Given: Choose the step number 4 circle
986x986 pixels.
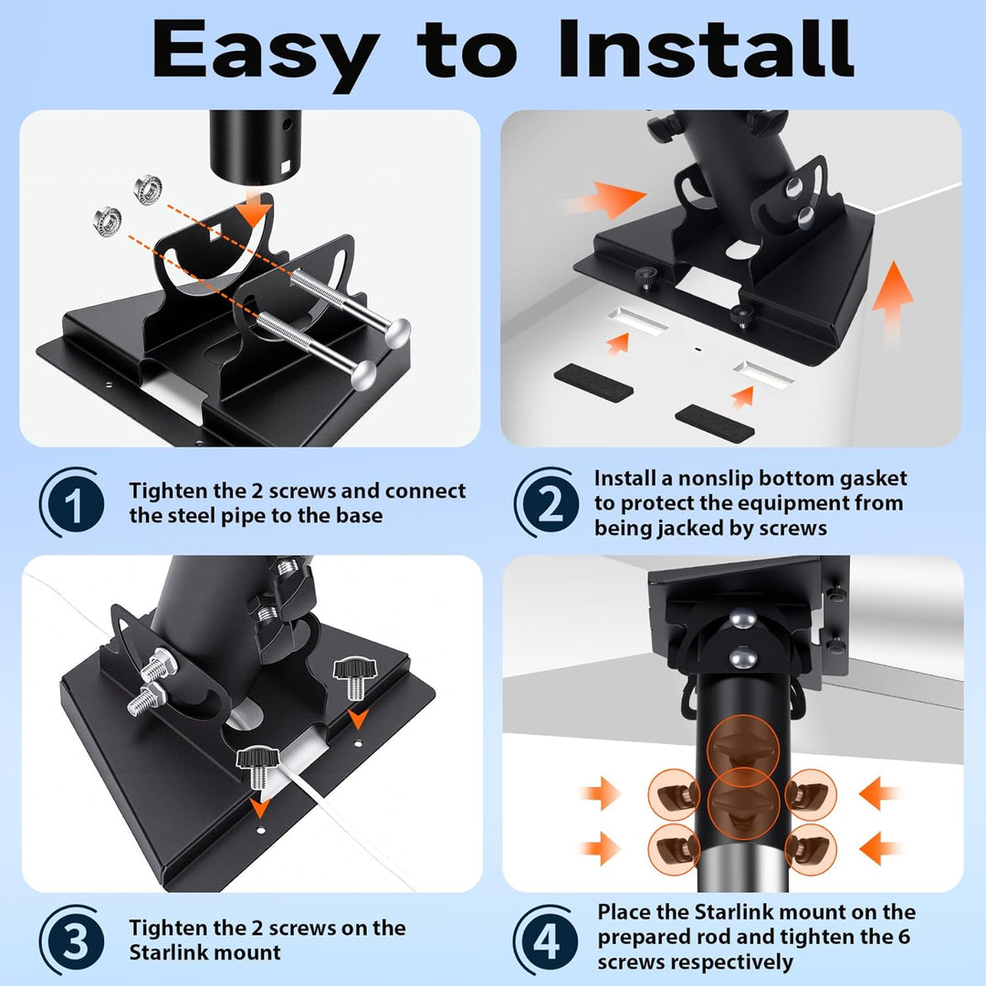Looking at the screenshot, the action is pyautogui.click(x=546, y=941).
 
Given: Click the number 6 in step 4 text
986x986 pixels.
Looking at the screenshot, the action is pyautogui.click(x=904, y=937).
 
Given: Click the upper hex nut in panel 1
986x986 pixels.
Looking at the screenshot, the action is pyautogui.click(x=148, y=189).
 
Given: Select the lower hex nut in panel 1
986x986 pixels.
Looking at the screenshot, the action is pyautogui.click(x=108, y=219).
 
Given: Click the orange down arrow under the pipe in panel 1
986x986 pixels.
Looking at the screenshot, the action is pyautogui.click(x=254, y=208).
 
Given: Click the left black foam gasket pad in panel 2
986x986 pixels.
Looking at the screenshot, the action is pyautogui.click(x=593, y=383).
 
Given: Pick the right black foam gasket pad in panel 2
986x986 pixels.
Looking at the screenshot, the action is pyautogui.click(x=714, y=424).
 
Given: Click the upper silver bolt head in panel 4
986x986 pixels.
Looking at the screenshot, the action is pyautogui.click(x=742, y=619).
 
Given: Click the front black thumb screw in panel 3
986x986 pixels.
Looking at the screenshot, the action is pyautogui.click(x=257, y=767).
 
